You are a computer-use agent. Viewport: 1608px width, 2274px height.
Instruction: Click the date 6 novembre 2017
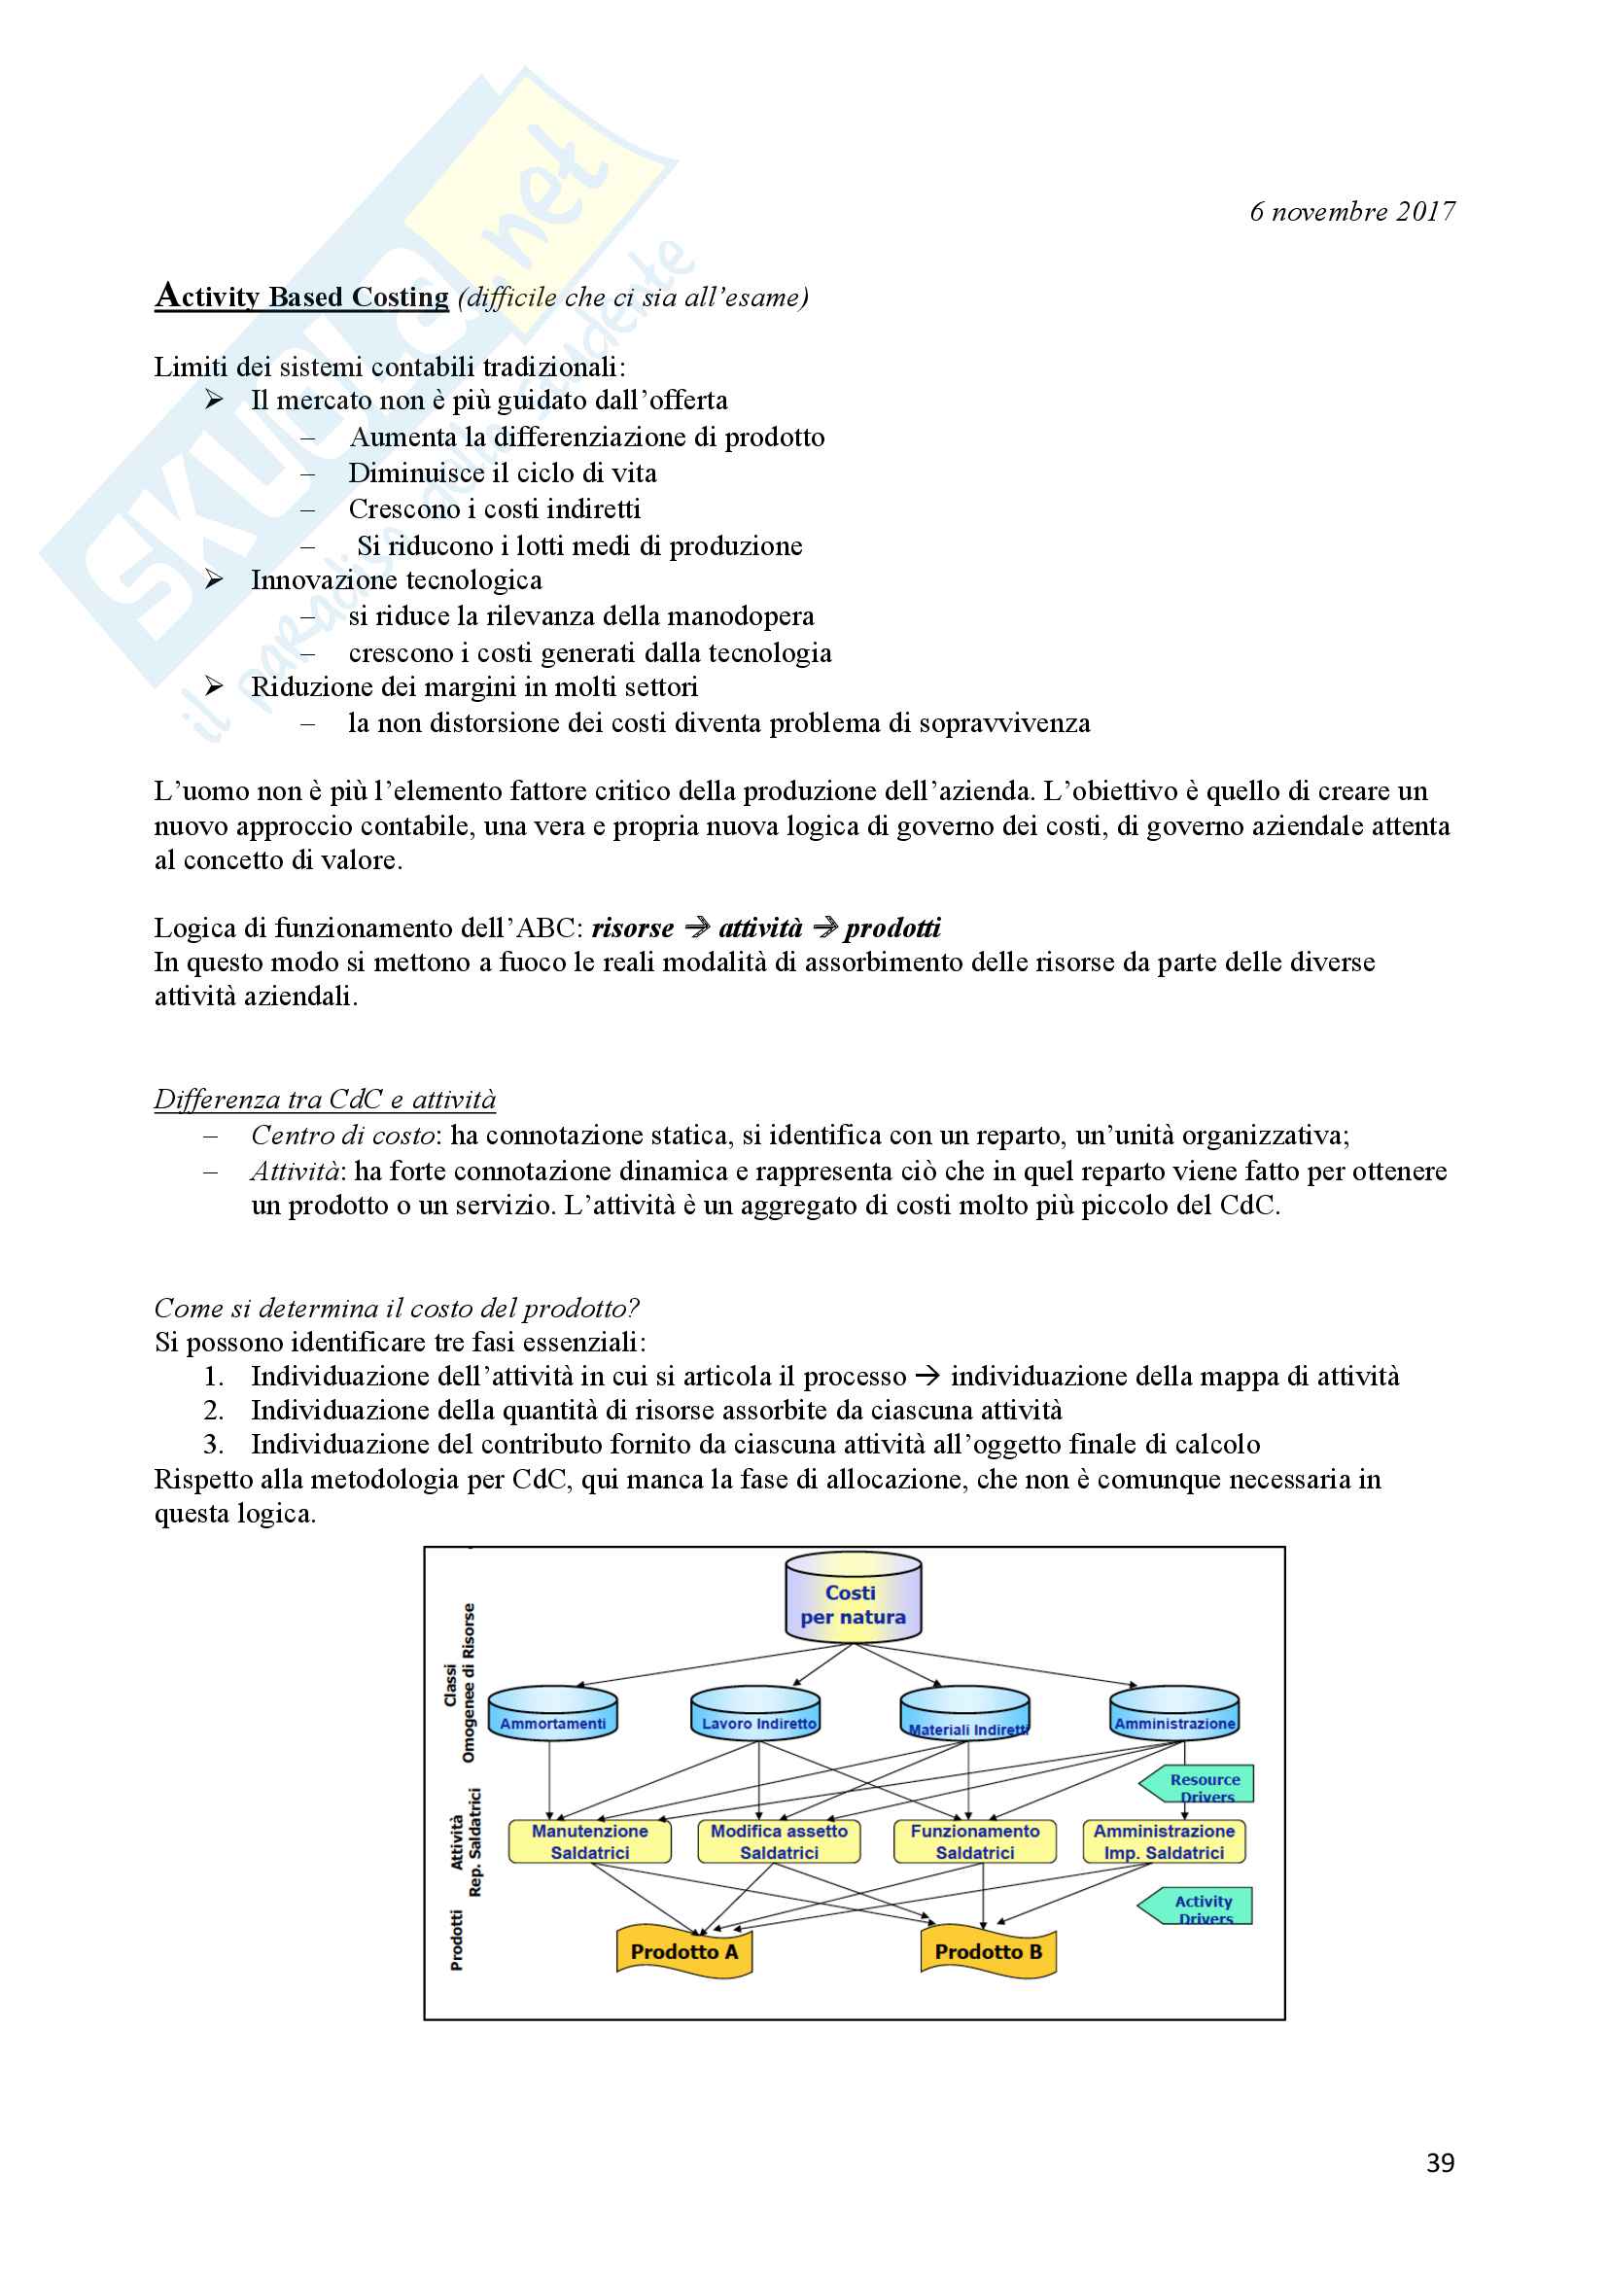coord(1351,212)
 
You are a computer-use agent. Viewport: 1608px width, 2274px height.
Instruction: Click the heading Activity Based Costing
coord(302,297)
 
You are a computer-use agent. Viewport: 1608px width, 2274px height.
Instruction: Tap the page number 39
coord(1440,2163)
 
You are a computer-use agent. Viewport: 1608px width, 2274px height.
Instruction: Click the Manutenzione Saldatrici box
coord(589,1841)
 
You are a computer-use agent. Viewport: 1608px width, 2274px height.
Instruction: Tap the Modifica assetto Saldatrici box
coord(780,1841)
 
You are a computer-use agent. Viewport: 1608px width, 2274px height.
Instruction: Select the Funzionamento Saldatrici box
coord(975,1841)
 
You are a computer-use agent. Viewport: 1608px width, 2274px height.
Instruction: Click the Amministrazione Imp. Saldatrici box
coord(1164,1841)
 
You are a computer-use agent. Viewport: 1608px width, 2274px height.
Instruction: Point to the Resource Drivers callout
coord(1201,1784)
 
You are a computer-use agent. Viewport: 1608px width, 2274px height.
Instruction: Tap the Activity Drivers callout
coord(1199,1906)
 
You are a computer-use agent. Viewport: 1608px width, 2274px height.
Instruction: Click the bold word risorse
coord(633,928)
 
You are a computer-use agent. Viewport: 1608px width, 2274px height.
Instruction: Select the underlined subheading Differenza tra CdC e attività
coord(325,1100)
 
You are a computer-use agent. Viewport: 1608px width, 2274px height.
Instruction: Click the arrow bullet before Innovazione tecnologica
coord(214,580)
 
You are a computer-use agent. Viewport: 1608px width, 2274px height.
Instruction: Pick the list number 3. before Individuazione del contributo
coord(213,1445)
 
